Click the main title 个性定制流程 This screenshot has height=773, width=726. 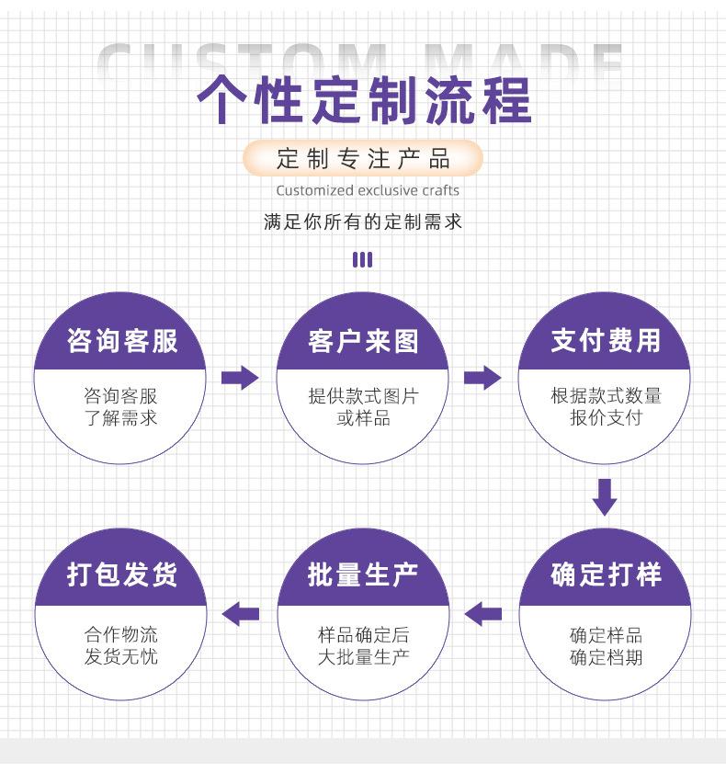364,100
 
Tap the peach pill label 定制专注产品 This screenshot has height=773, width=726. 363,158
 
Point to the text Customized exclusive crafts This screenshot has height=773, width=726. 368,190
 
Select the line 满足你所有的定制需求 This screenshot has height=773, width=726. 363,222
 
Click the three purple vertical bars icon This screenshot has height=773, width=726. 362,259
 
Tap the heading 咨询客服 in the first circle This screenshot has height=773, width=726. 121,341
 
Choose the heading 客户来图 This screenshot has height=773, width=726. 363,341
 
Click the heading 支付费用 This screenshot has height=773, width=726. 606,340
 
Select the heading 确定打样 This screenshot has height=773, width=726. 606,574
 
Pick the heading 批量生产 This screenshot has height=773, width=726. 363,574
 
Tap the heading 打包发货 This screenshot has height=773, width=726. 121,574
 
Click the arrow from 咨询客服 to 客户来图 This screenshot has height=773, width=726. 240,378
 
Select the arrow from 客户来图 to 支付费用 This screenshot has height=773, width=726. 482,378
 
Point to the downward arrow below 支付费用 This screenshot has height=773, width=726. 605,497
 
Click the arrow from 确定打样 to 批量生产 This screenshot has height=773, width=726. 483,614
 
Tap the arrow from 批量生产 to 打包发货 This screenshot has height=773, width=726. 241,614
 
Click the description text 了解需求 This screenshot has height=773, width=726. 120,418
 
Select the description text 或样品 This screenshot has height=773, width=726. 364,418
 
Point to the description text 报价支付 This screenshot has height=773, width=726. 607,417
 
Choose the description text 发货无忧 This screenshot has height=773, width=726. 121,656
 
